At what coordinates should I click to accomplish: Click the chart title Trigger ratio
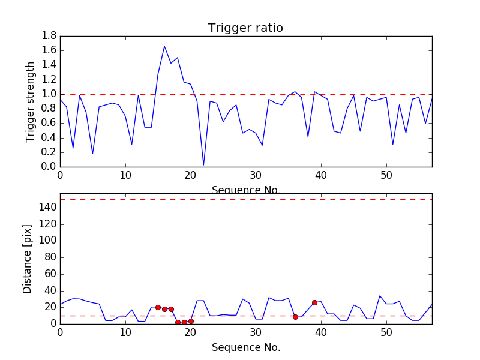tap(245, 28)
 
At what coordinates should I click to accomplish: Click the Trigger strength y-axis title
tap(31, 101)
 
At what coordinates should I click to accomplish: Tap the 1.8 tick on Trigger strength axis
tap(49, 36)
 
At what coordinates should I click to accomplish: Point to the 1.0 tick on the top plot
tap(49, 94)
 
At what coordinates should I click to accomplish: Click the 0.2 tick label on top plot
tap(49, 152)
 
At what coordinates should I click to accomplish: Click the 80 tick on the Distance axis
tap(50, 257)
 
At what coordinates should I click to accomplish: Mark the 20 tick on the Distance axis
tap(50, 307)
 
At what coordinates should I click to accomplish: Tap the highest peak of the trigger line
tap(164, 46)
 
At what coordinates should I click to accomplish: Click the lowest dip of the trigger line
tap(203, 164)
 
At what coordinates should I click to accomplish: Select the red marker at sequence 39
tap(314, 302)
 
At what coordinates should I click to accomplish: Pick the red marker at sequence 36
tap(295, 317)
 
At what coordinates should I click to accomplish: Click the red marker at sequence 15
tap(158, 307)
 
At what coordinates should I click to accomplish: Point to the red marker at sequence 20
tap(191, 321)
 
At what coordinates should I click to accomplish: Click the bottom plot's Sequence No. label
tap(245, 347)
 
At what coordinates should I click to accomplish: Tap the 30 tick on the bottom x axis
tap(256, 332)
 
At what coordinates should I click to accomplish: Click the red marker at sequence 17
tap(171, 309)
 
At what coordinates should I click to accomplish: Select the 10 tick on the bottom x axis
tap(125, 332)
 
